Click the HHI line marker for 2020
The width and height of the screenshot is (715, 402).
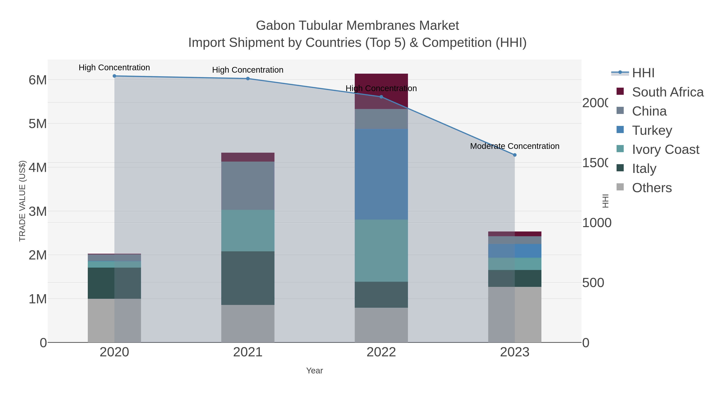[x=114, y=76]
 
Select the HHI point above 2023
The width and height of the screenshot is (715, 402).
[x=515, y=155]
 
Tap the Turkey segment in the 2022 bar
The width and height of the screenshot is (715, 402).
[x=381, y=174]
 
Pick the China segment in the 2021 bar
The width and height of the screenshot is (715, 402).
[x=248, y=186]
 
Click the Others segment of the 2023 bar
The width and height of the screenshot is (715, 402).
[x=515, y=315]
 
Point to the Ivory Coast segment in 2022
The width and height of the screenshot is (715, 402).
[x=381, y=251]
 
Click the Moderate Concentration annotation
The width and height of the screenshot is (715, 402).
[x=515, y=146]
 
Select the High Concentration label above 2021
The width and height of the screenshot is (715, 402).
[x=248, y=70]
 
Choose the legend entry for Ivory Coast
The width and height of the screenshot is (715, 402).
[x=665, y=149]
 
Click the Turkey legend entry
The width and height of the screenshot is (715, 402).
[x=652, y=130]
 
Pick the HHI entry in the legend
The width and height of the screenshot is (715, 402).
[x=643, y=73]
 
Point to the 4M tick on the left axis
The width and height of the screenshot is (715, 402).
[x=38, y=168]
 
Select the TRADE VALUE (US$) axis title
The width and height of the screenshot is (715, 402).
[x=22, y=201]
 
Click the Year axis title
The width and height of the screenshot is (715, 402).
[x=314, y=371]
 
